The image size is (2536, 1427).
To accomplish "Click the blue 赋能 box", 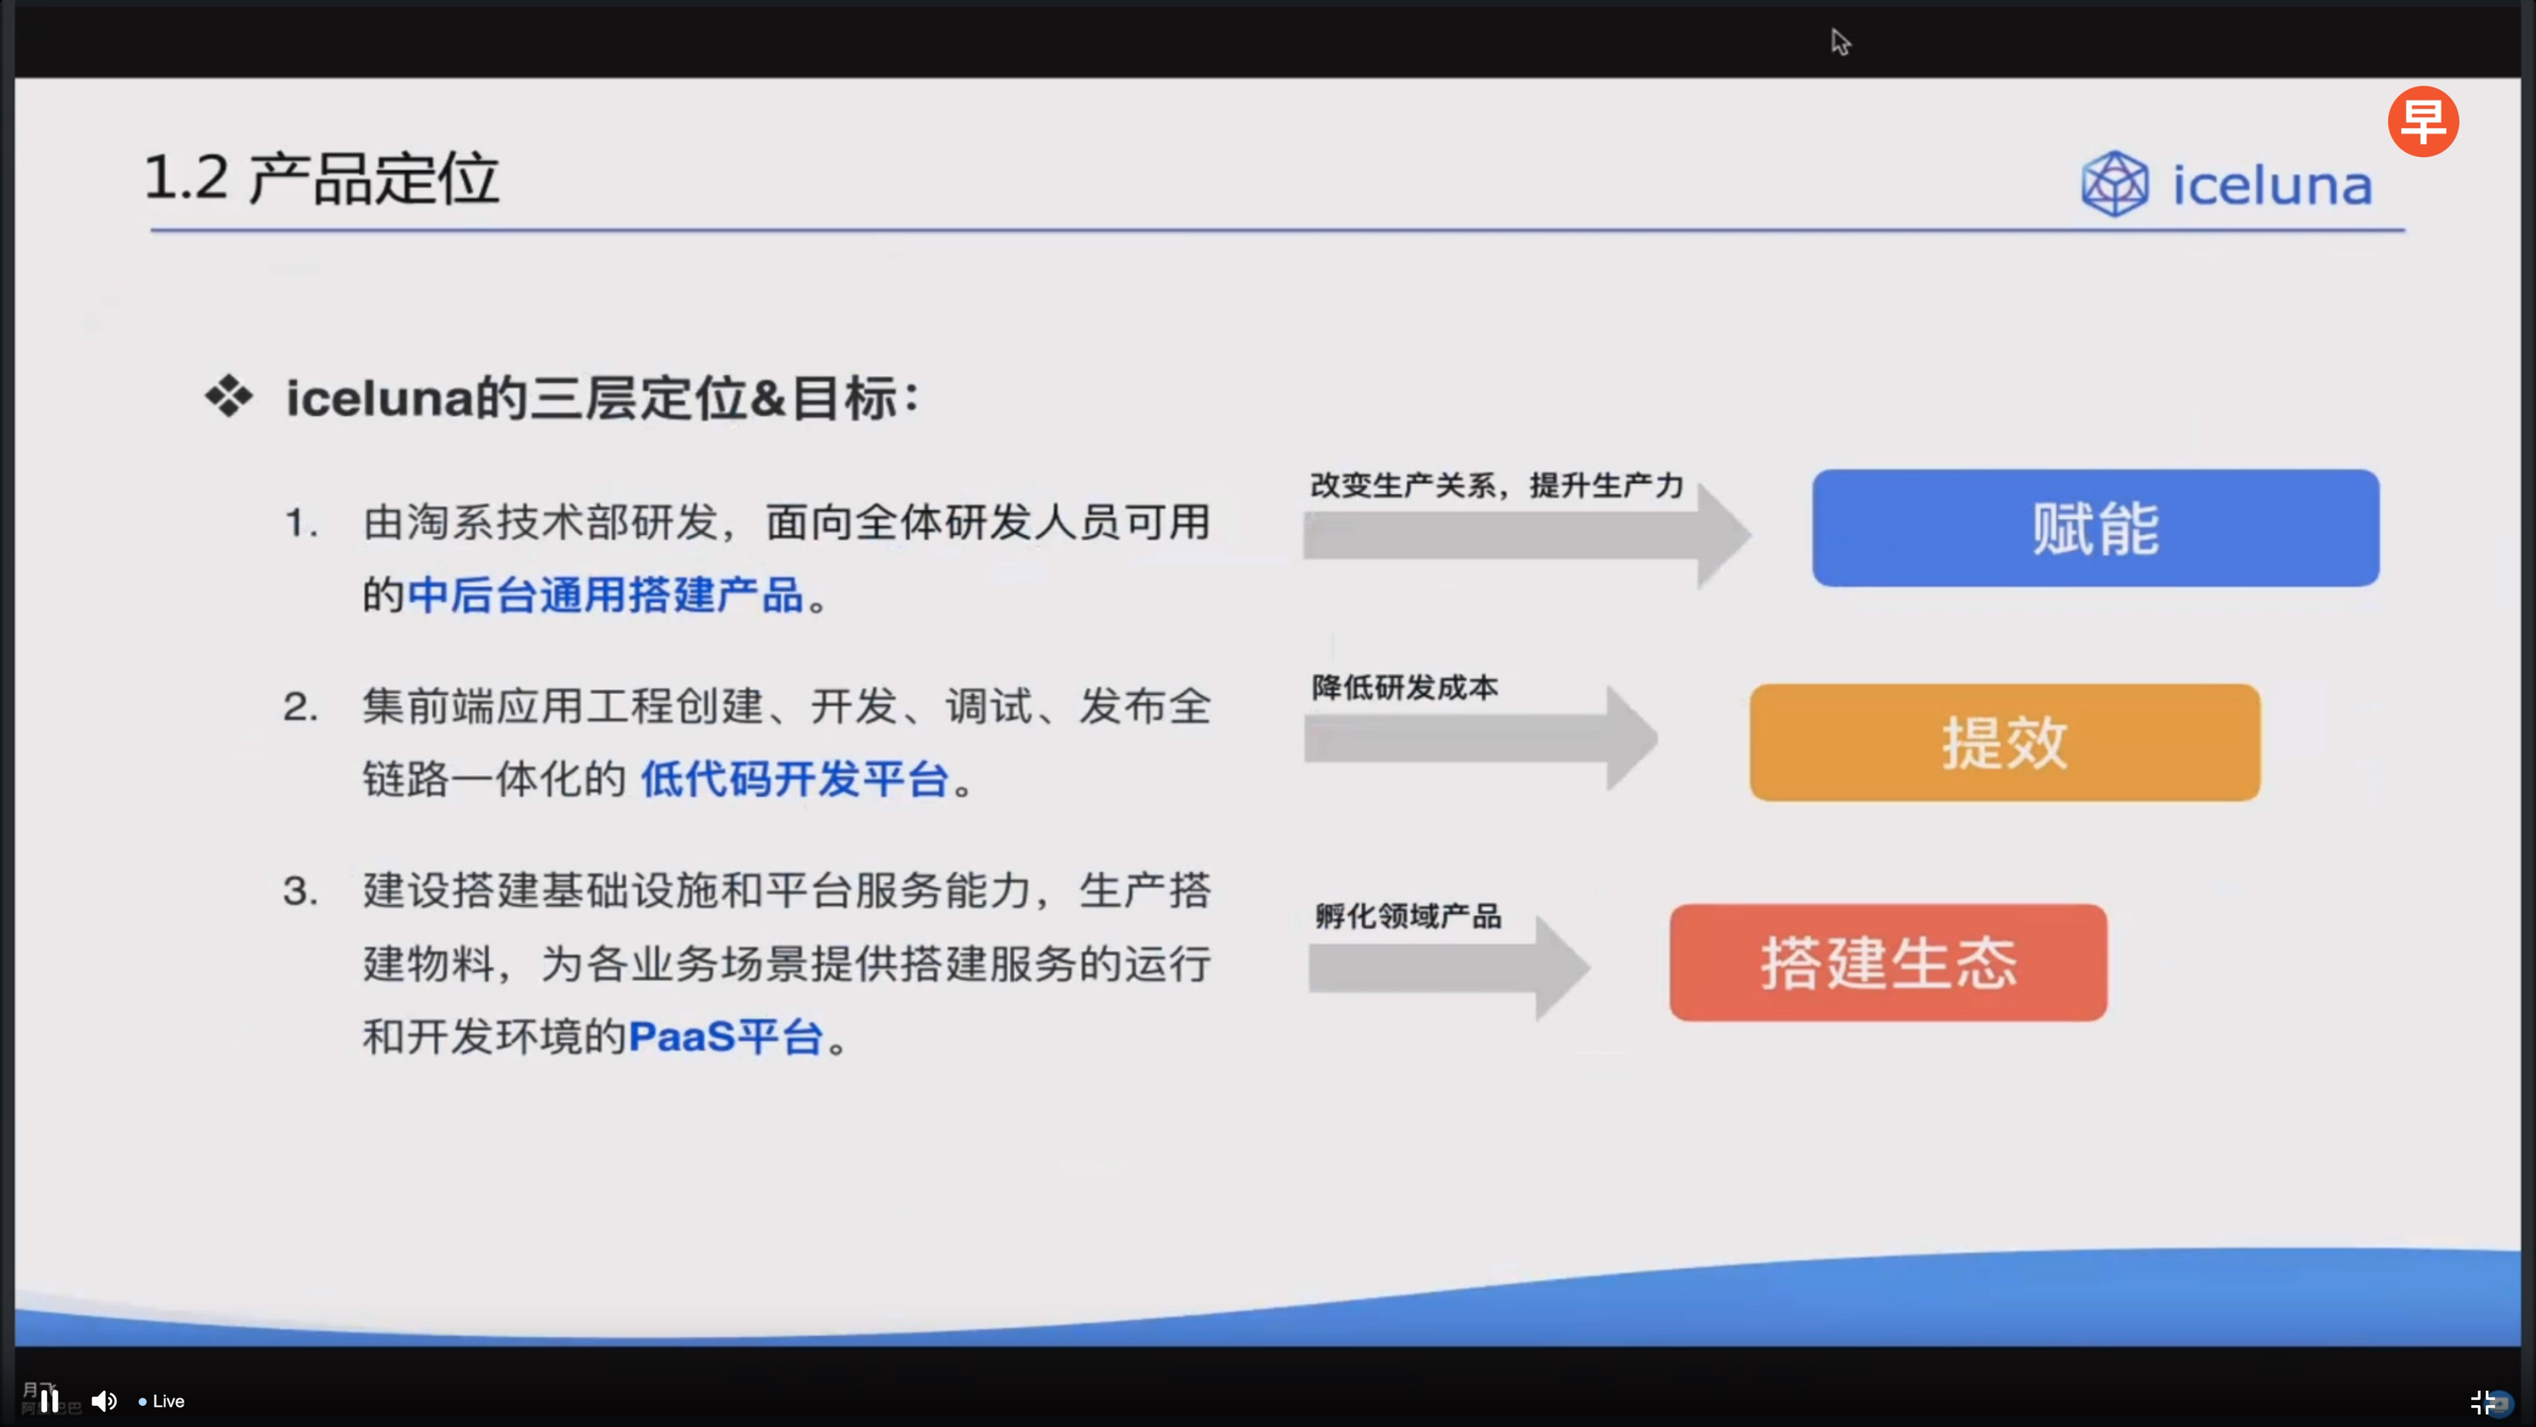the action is coord(2095,528).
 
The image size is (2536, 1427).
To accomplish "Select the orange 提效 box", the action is coord(2004,742).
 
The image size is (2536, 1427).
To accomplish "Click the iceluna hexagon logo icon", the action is coord(2113,185).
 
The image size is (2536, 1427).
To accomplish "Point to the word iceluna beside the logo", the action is coord(2272,185).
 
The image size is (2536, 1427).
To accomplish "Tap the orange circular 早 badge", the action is coord(2423,121).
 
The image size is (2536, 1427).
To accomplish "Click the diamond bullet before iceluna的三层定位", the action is coord(230,397).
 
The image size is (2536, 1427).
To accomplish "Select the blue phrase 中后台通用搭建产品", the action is coord(605,595).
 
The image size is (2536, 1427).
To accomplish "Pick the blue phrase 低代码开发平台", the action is coord(793,779).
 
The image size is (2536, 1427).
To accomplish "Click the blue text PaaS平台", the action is coord(725,1037).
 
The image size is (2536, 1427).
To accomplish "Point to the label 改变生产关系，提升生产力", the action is coord(1496,486).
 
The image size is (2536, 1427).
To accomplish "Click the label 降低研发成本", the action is coord(1405,687).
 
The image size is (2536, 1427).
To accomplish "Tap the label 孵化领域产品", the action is coord(1408,916).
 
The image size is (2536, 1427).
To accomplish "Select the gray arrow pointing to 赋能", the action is coord(1527,534).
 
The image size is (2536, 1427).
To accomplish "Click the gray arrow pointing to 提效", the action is coord(1481,737).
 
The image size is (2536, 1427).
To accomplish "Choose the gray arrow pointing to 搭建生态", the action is coord(1448,968).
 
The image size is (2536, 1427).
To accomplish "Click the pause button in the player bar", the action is coord(49,1400).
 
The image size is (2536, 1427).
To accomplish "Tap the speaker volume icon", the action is coord(104,1400).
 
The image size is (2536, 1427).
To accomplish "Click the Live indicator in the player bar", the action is coord(163,1401).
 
